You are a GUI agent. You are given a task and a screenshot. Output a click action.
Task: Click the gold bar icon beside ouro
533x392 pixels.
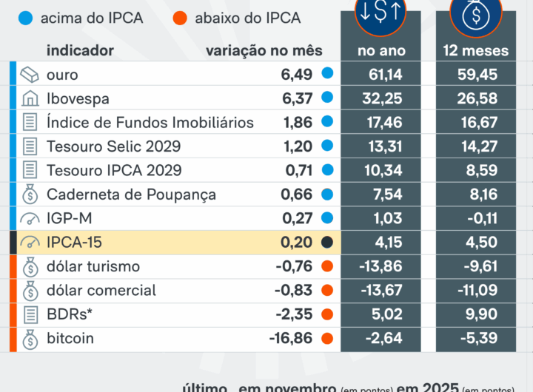30,75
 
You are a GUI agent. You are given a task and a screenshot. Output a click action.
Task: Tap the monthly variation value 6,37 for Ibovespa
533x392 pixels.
297,98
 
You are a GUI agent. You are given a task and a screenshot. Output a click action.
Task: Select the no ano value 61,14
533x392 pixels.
381,75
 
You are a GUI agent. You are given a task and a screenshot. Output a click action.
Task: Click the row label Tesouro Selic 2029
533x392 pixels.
113,146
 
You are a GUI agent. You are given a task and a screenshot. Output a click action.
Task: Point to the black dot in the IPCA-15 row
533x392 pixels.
327,243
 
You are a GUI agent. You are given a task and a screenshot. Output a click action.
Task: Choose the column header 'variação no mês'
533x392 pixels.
264,50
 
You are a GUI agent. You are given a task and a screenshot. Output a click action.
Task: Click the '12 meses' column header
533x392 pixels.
476,50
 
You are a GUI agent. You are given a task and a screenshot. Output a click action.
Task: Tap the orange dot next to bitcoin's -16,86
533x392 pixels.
327,339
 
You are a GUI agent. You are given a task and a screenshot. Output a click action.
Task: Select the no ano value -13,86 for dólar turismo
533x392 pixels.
381,266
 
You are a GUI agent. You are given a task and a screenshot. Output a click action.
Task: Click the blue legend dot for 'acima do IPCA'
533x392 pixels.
27,18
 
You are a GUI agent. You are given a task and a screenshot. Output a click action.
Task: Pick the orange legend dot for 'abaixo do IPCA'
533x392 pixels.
180,18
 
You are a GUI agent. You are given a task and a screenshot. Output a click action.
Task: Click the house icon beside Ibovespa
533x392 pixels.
30,98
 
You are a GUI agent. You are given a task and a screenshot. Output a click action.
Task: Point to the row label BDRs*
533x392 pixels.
70,314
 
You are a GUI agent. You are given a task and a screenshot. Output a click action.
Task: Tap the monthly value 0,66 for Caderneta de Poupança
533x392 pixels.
297,195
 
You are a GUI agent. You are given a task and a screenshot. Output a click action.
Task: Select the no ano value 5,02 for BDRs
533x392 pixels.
381,314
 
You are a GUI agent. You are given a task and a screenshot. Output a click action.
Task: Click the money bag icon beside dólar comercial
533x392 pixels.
30,291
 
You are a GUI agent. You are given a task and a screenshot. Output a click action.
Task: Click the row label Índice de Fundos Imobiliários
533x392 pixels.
150,123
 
